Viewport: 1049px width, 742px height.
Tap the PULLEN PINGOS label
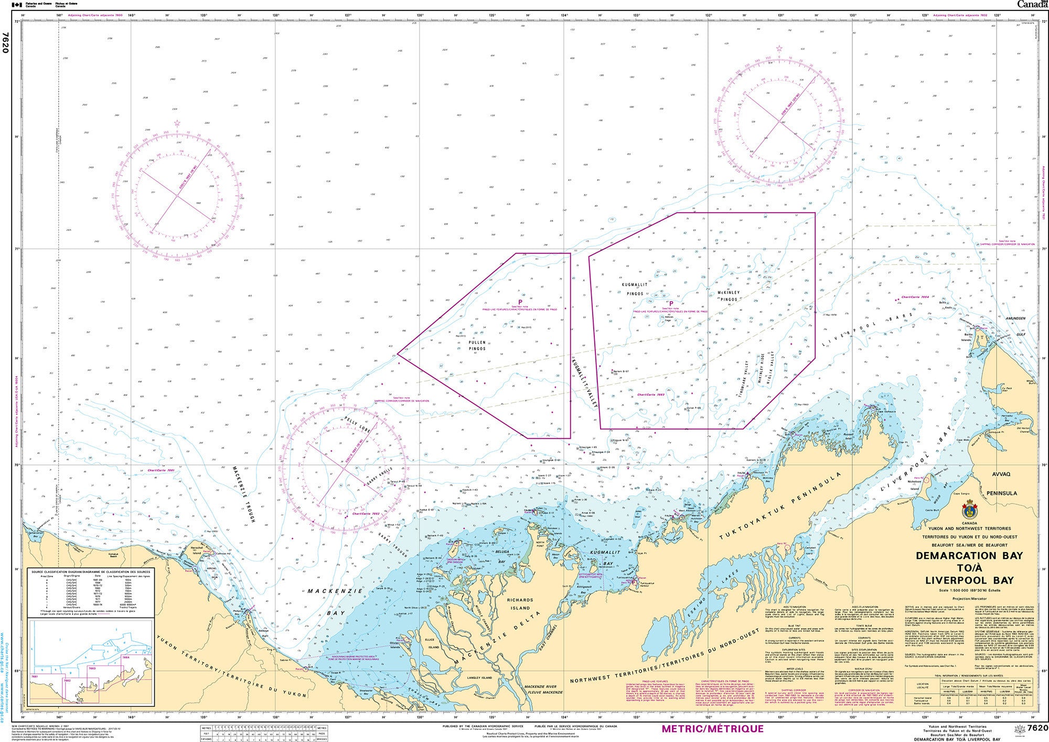pos(477,345)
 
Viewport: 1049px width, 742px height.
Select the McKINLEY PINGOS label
pos(729,295)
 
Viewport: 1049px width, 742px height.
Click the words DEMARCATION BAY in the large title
pos(969,556)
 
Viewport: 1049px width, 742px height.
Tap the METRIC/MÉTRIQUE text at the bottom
pos(712,729)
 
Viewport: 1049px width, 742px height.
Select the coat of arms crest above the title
pos(969,510)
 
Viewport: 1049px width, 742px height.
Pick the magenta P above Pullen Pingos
pos(520,302)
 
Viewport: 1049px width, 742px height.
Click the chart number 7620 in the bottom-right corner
pos(1037,728)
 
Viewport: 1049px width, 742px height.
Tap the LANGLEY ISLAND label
pos(479,677)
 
